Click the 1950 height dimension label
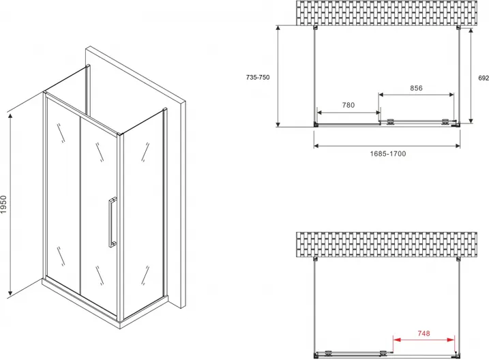click(x=3, y=204)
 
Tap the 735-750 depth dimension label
click(x=258, y=77)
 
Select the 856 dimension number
click(x=416, y=88)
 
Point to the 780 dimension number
click(x=348, y=106)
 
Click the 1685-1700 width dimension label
click(x=388, y=153)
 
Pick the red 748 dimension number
click(x=424, y=333)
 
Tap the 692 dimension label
click(x=484, y=78)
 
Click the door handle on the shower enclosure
click(x=112, y=222)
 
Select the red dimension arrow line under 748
click(x=424, y=340)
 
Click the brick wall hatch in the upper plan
click(x=387, y=13)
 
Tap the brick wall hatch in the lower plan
click(x=387, y=244)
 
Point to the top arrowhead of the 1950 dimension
click(x=10, y=117)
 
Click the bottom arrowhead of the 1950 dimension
click(x=10, y=292)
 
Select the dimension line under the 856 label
click(x=416, y=95)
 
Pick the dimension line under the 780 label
click(x=349, y=112)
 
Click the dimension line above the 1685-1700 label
click(x=387, y=145)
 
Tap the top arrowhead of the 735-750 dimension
click(x=278, y=29)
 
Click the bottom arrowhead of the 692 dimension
click(x=471, y=120)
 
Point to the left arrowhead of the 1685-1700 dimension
click(x=316, y=145)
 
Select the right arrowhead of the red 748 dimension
click(x=451, y=340)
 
